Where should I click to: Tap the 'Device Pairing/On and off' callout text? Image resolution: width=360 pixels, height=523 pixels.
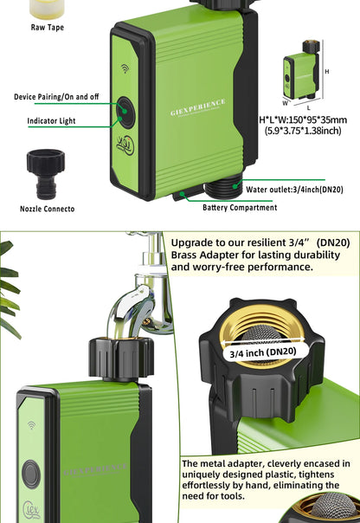point(56,96)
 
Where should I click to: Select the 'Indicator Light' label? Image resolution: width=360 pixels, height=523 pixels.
point(53,120)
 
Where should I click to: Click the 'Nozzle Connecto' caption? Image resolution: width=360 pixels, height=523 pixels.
point(47,209)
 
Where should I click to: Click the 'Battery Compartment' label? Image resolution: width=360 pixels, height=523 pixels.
point(240,207)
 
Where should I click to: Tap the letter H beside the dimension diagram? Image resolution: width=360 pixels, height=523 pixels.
point(326,71)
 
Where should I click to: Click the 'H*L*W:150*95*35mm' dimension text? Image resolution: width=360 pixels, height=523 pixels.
point(303,119)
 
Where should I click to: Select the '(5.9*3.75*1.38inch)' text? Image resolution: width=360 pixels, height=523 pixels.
point(303,131)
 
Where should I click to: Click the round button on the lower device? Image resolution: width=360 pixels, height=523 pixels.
point(31,474)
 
